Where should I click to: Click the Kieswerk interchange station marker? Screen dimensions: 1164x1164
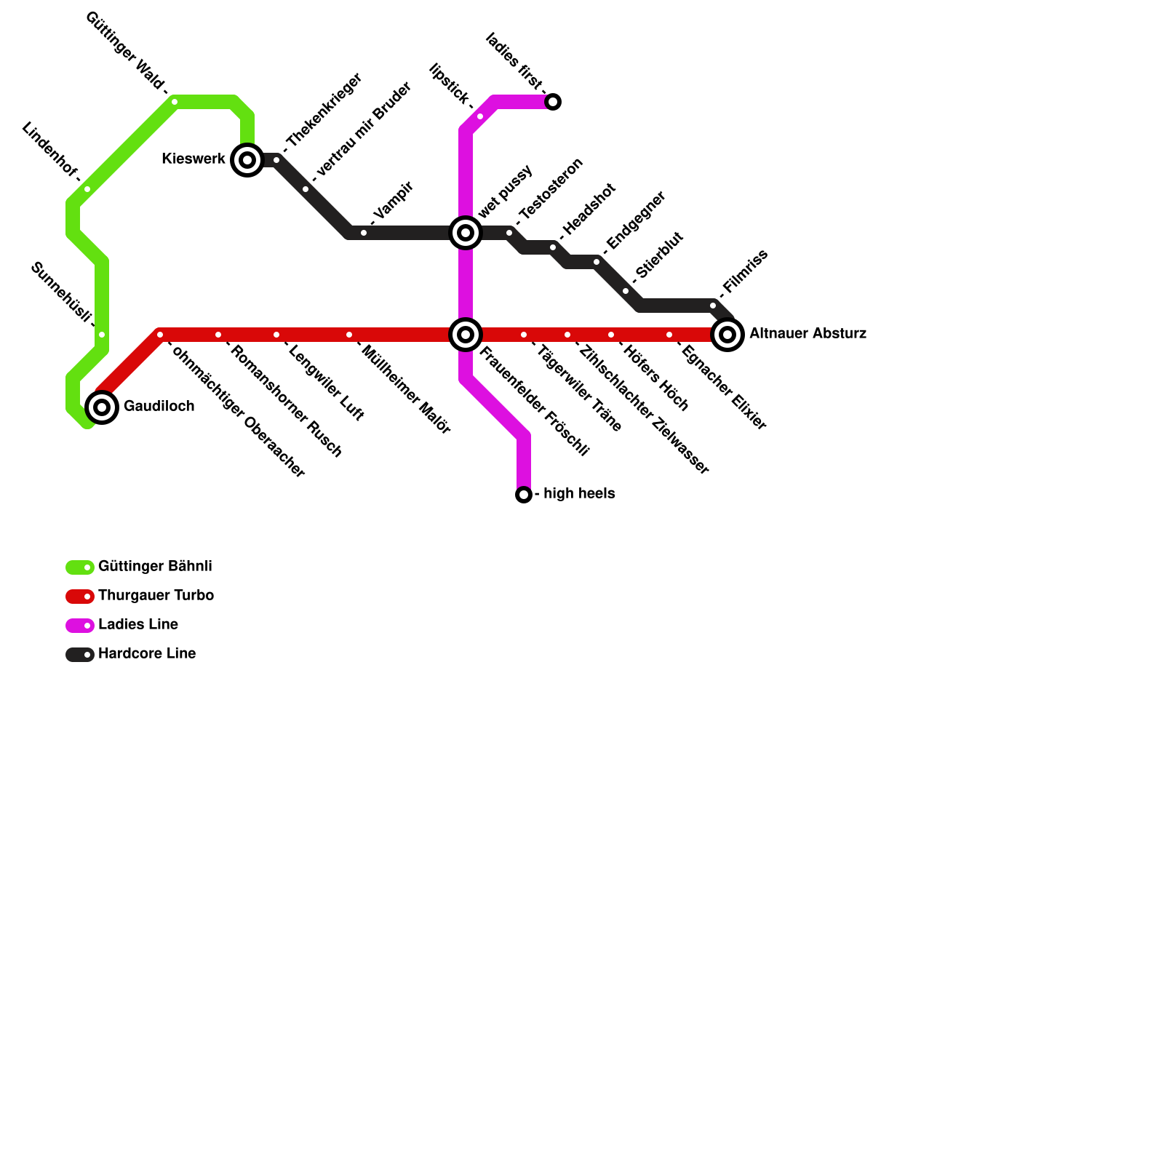pos(247,160)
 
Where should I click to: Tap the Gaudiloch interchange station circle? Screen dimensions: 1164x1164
pos(102,407)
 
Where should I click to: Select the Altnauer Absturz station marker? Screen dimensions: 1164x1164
pos(727,335)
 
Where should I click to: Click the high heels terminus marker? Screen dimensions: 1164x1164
pos(524,495)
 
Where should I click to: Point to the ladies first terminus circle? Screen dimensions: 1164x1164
pos(553,102)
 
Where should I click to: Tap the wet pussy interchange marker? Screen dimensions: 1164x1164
pos(466,233)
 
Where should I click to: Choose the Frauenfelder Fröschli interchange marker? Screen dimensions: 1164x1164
pos(466,335)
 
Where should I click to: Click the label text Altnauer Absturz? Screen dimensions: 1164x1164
pos(808,334)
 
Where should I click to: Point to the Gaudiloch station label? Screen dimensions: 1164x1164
pos(159,407)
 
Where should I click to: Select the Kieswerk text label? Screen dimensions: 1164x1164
pos(194,159)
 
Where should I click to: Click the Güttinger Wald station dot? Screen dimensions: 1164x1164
pos(175,102)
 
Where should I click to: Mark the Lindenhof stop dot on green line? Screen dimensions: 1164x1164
pos(87,189)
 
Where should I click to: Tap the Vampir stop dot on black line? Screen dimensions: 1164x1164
pos(364,233)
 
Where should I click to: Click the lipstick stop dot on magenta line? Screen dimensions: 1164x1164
pos(480,116)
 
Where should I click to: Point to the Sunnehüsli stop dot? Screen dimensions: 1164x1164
pos(102,335)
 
